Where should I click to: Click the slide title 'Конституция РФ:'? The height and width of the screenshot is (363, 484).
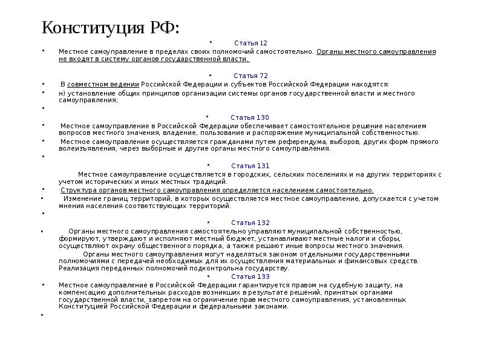pos(111,28)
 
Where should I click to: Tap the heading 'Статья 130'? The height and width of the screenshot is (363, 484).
pos(250,117)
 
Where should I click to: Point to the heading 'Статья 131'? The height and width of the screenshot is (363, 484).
pos(250,166)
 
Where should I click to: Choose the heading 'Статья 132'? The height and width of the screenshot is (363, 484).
pos(250,223)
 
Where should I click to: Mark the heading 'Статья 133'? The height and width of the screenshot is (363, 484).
pos(250,276)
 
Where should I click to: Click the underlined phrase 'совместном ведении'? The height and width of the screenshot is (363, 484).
pos(103,85)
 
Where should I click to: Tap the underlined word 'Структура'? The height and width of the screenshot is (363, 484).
pos(77,190)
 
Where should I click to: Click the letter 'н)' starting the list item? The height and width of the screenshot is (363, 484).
pos(62,93)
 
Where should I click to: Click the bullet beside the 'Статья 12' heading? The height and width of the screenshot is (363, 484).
pos(211,43)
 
